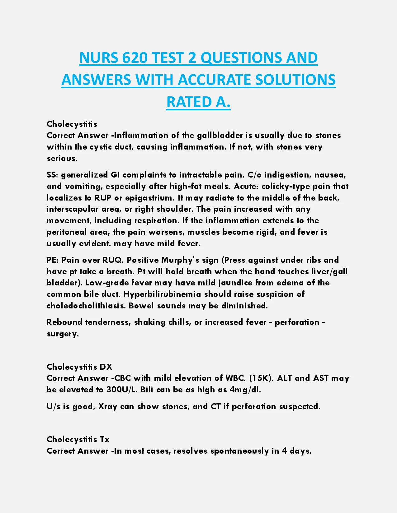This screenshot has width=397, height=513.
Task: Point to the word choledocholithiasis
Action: click(86, 306)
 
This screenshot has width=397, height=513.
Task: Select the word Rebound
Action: click(64, 322)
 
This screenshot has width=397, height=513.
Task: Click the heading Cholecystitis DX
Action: click(79, 367)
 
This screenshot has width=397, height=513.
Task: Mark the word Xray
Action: click(107, 407)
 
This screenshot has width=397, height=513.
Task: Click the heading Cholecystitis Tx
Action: click(78, 439)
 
